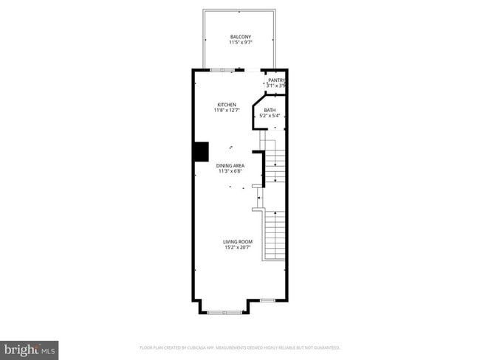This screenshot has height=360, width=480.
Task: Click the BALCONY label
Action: point(240,36)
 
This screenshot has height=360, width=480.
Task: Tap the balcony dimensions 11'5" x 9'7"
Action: point(240,43)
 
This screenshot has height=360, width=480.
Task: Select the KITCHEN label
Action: point(226,104)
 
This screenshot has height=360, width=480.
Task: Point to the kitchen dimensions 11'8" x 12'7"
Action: point(226,111)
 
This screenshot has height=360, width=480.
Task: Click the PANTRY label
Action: point(276,80)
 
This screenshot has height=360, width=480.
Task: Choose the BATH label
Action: point(270,111)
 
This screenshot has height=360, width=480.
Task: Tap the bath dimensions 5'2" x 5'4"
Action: point(270,117)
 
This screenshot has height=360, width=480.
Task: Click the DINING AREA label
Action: point(230,165)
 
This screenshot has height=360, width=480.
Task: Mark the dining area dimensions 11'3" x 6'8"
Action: point(230,172)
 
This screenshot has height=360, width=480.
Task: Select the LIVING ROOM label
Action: point(238,241)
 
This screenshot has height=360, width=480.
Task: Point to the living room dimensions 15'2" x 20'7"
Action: point(238,248)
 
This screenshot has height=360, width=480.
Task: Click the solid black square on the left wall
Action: point(201,151)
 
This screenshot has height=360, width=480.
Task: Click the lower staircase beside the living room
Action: point(274,235)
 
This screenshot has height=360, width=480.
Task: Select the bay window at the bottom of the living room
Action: point(223,313)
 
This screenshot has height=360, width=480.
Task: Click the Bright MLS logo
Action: point(30,349)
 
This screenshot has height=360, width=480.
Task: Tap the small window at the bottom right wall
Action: point(267,300)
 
